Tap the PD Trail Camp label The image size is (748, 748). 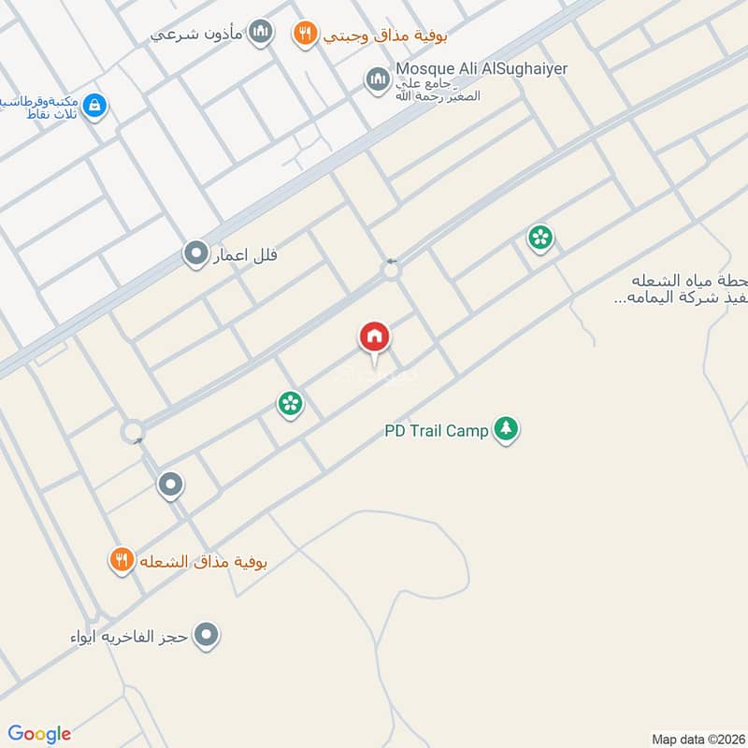point(437,431)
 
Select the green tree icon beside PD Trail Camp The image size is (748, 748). point(506,429)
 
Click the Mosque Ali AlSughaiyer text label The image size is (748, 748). point(482,69)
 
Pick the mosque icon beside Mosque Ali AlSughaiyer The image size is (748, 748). point(377,79)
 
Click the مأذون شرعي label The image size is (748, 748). point(196,35)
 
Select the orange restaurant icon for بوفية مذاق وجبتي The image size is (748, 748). point(304,36)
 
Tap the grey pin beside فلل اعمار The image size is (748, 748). point(195,253)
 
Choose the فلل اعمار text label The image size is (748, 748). point(246,254)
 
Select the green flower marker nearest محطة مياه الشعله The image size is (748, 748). point(539,237)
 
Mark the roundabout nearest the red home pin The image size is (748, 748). point(391,271)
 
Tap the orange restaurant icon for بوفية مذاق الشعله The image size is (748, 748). point(122,560)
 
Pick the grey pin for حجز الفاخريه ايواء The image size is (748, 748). point(208,636)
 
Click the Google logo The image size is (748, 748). point(39,733)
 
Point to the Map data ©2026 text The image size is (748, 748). point(697,739)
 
